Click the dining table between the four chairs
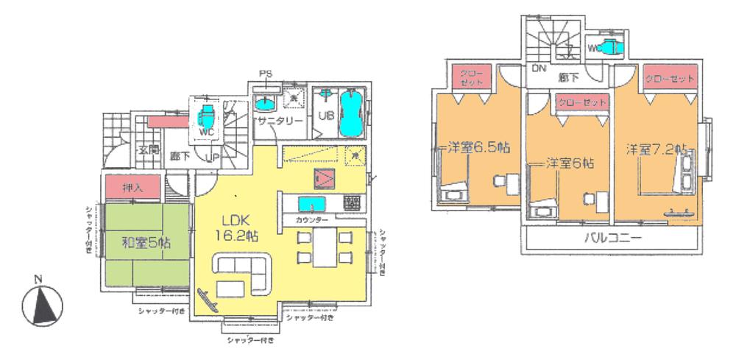(x=323, y=247)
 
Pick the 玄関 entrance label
(x=149, y=150)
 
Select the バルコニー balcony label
(x=613, y=239)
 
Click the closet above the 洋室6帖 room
(x=582, y=103)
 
